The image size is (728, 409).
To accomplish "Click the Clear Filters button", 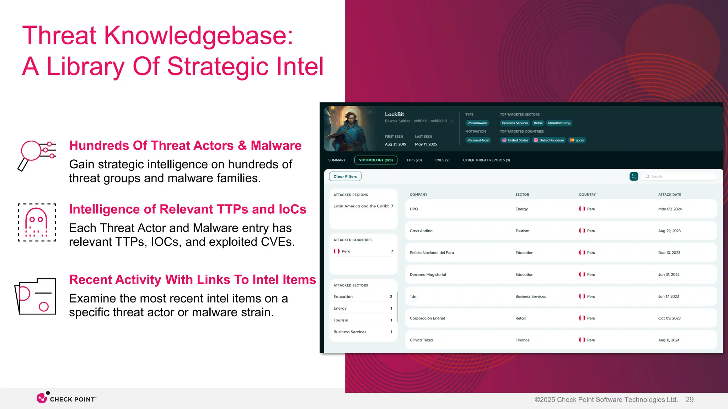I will coord(345,176).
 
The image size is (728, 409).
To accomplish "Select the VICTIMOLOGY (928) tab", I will coord(376,160).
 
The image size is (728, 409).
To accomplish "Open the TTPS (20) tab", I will coord(414,160).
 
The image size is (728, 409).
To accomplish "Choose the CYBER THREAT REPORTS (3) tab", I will coord(486,160).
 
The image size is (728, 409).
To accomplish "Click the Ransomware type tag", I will coord(477,123).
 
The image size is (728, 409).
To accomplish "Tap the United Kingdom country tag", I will coord(548,140).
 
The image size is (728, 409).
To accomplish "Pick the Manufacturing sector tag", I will coord(559,123).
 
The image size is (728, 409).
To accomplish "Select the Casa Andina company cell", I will coord(421,231).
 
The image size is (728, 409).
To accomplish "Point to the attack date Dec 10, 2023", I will coord(669,253).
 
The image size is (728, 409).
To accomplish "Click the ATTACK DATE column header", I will coord(669,195).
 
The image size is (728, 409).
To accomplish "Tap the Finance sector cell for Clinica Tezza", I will coord(522,340).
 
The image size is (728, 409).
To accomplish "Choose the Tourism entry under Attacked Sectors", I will coord(341,320).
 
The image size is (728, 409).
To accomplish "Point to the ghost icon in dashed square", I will coord(37,223).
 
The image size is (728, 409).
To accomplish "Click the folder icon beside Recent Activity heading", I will coord(36,296).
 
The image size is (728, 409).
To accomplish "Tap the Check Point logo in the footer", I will coord(66,398).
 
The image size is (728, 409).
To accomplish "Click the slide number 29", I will coord(689,400).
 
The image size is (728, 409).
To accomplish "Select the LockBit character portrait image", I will coord(350,129).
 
